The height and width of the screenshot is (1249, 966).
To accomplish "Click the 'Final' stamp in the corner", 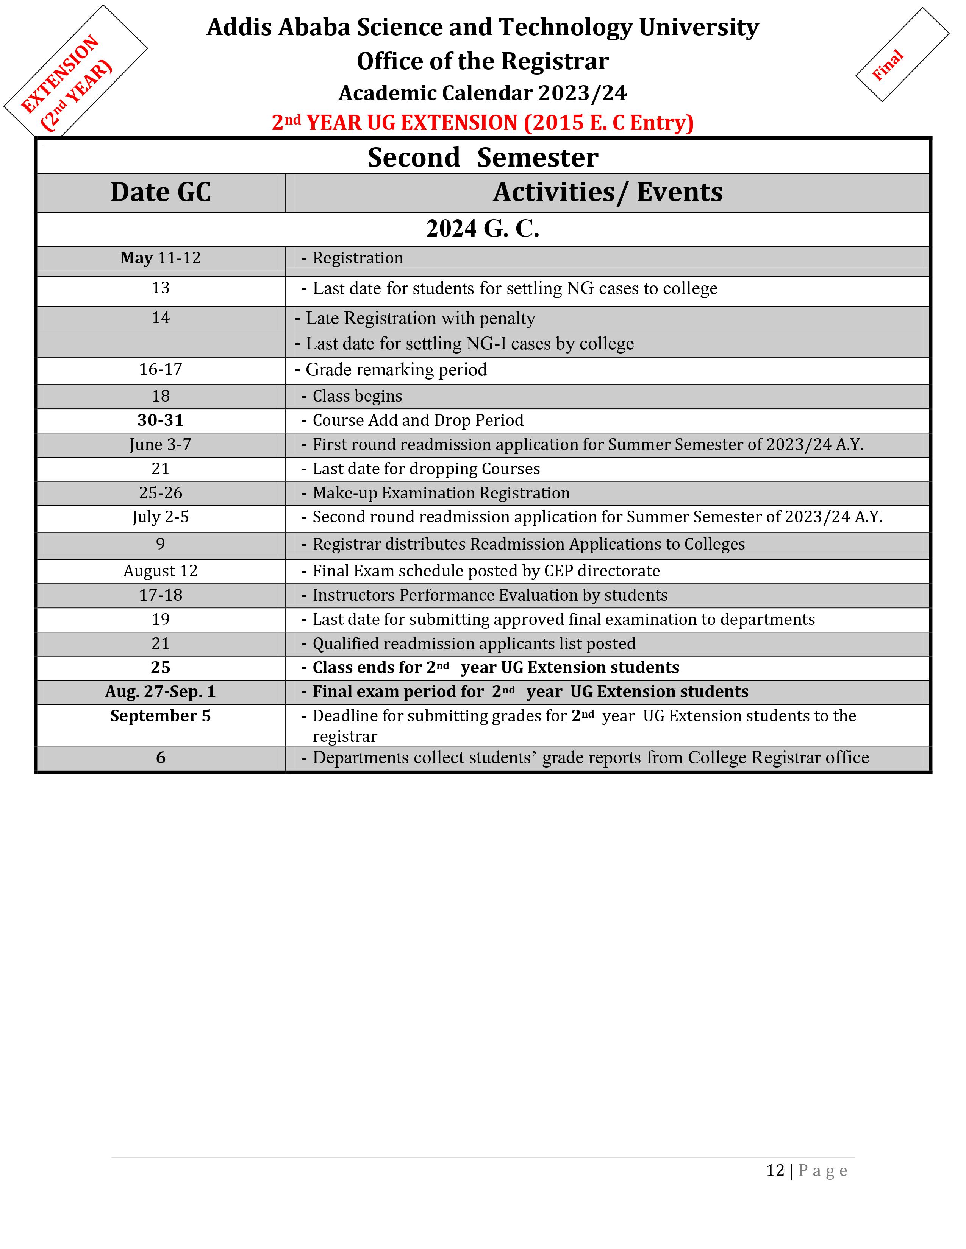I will point(888,65).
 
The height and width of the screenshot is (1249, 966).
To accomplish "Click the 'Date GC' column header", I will point(161,192).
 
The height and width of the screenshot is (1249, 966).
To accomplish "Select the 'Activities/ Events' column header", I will point(607,192).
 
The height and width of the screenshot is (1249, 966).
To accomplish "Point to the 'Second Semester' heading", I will point(482,157).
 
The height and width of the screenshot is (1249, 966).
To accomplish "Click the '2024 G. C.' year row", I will point(482,229).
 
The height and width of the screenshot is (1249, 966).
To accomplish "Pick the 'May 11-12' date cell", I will point(161,258).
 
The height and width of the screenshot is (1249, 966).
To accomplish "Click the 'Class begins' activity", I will point(357,396).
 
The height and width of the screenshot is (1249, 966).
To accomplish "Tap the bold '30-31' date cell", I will point(161,420).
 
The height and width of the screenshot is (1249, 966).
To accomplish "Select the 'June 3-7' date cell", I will point(161,444).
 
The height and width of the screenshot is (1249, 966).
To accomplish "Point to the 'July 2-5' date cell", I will point(161,517).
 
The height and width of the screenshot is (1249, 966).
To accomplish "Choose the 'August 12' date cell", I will point(161,571).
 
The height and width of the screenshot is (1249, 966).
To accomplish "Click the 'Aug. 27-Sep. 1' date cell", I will point(161,692).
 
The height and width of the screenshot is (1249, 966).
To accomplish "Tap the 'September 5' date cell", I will point(161,716).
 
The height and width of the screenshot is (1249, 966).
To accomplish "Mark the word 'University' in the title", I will point(698,28).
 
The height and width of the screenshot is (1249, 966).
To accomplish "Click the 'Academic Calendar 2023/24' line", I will point(482,93).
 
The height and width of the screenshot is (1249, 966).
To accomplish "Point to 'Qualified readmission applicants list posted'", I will point(474,644).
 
